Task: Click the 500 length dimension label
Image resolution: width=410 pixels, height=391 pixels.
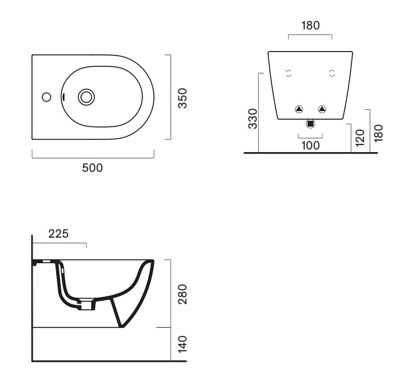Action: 93,168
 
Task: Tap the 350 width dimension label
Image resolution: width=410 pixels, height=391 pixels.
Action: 183,98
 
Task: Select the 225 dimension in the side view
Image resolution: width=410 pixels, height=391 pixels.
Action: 58,234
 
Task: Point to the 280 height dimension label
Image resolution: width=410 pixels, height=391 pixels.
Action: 183,295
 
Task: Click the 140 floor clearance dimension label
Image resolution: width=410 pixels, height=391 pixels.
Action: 183,344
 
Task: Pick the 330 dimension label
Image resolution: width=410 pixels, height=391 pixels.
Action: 253,119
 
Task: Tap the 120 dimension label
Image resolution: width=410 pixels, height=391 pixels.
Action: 360,138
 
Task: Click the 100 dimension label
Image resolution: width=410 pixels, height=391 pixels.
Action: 310,146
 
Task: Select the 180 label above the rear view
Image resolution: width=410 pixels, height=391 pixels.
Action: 310,26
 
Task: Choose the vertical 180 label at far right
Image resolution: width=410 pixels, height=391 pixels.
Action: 378,134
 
